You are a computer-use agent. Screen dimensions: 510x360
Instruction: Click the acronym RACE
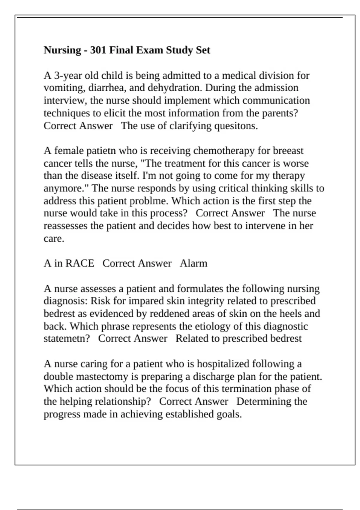pyautogui.click(x=80, y=263)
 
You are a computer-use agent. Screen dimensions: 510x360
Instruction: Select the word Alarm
pyautogui.click(x=193, y=263)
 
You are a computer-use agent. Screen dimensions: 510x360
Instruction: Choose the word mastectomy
pyautogui.click(x=109, y=376)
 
